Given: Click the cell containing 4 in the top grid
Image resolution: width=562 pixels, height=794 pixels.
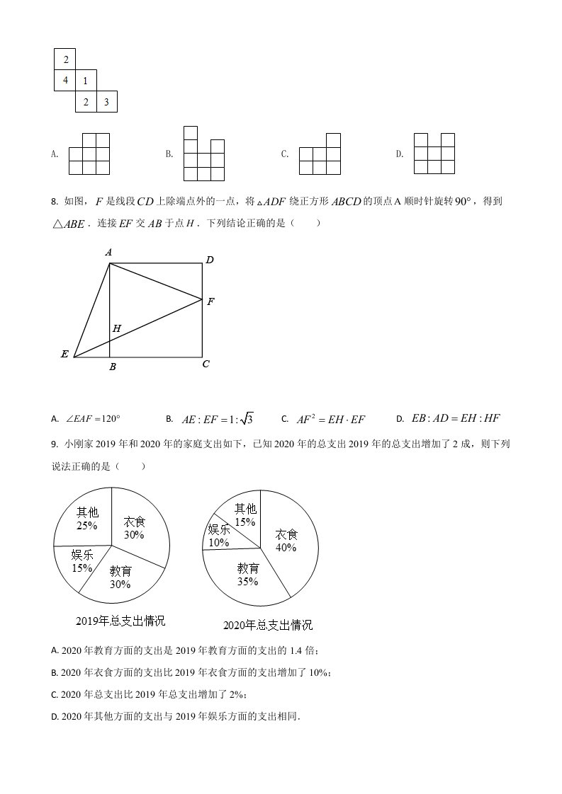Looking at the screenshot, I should click(x=65, y=81).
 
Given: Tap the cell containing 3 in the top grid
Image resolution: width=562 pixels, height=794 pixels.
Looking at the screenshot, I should click(x=106, y=102).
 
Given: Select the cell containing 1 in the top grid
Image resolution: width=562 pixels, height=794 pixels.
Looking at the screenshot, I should click(x=86, y=81).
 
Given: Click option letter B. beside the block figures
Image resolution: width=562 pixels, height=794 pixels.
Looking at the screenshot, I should click(x=169, y=154).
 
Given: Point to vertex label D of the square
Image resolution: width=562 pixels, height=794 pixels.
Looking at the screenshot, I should click(x=209, y=260).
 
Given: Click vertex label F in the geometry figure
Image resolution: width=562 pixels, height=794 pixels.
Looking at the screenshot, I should click(x=210, y=301).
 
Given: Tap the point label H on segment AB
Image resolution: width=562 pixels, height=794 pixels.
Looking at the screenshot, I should click(x=116, y=328).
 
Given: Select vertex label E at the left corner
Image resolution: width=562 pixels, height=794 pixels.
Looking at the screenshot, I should click(x=64, y=354).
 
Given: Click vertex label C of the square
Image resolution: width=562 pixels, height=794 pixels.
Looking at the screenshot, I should click(x=206, y=364).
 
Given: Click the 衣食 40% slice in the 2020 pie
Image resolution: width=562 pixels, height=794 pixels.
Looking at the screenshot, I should click(x=286, y=541).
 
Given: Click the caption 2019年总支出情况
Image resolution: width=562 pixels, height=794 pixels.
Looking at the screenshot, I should click(x=120, y=621).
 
